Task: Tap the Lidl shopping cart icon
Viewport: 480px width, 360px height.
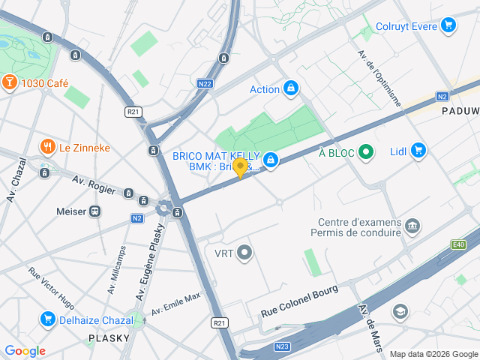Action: pos(418,151)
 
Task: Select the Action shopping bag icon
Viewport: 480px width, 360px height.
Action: pos(290,89)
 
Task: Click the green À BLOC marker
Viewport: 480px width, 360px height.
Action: pos(366,153)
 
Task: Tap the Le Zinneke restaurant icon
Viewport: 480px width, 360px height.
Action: pos(47,147)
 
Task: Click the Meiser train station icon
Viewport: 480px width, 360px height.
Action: pos(95,211)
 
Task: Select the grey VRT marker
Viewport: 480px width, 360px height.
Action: pos(244,253)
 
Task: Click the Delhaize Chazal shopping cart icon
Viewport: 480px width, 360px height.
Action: pos(48,319)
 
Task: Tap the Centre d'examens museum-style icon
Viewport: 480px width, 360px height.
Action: pos(412,226)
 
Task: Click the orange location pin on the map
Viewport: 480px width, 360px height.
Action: pos(240,167)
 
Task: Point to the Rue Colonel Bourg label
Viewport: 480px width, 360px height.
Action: pos(299,300)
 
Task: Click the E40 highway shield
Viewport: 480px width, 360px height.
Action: pos(459,244)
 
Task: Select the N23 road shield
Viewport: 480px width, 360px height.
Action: pos(282,346)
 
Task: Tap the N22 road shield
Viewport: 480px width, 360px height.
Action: pos(205,84)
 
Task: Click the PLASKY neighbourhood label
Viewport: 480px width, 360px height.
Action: pos(110,338)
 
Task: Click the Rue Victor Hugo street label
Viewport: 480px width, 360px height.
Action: pos(51,289)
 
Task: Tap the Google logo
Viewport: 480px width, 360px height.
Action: pos(25,350)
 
